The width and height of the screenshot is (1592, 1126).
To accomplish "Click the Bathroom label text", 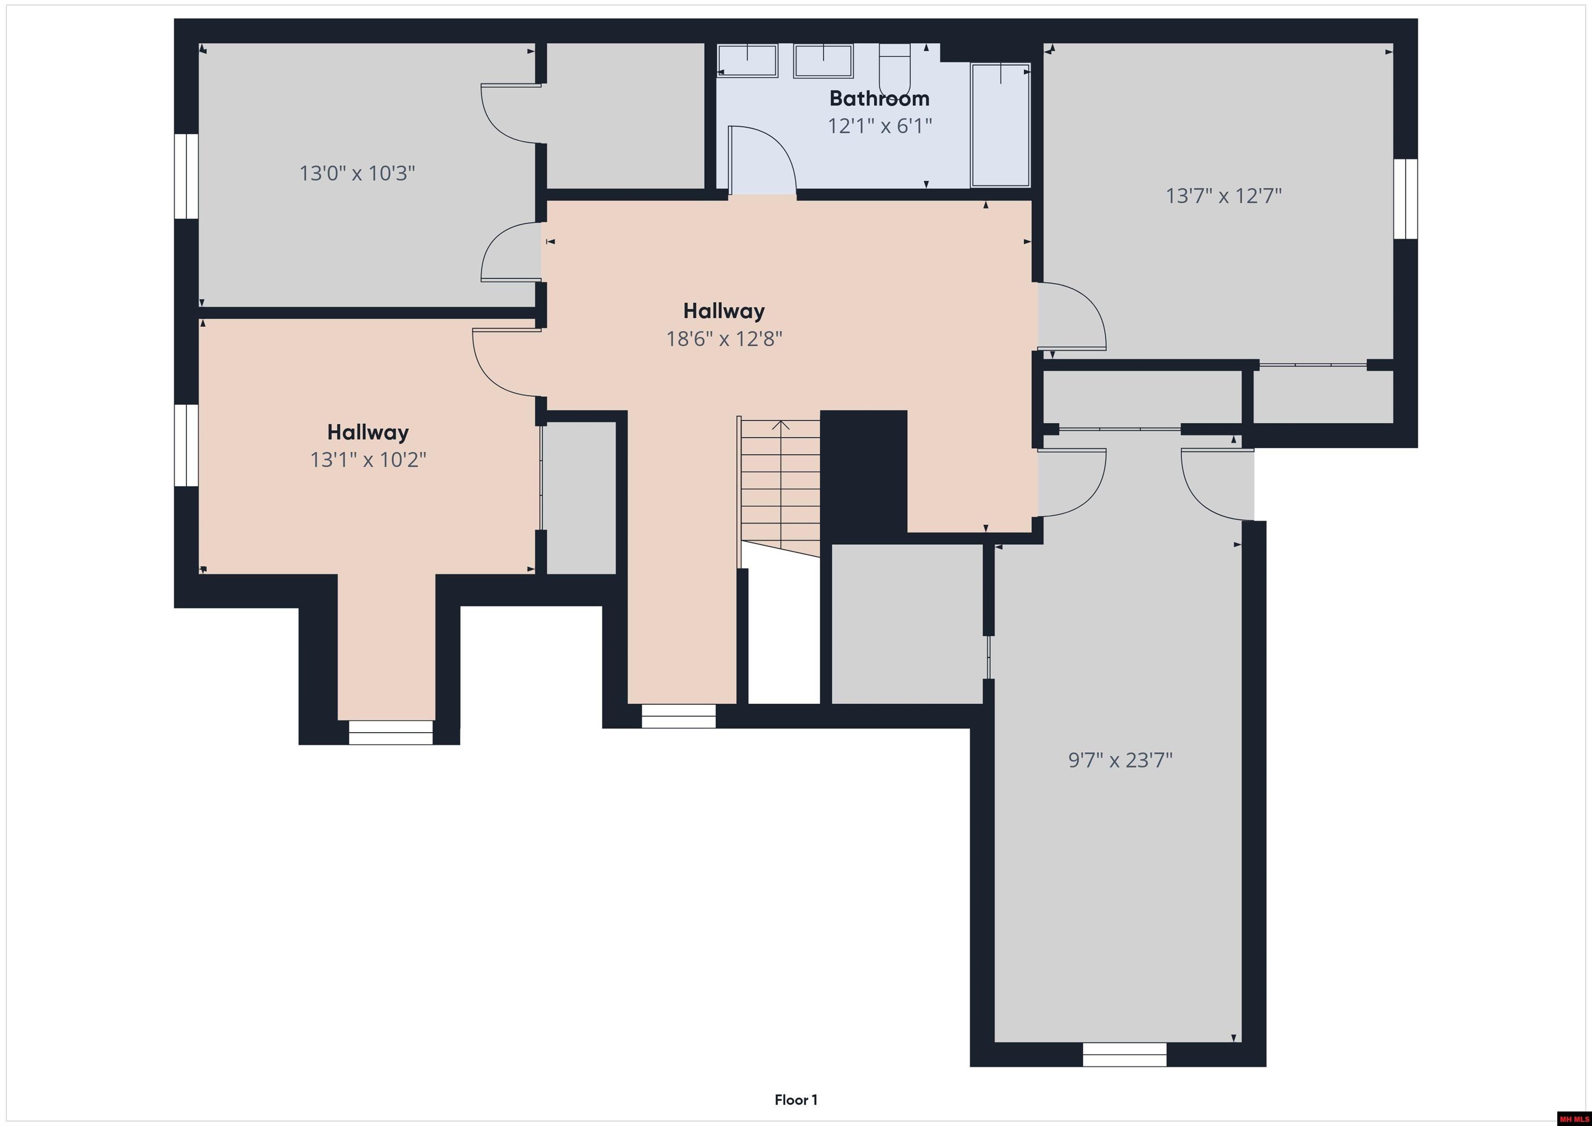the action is coord(879,98).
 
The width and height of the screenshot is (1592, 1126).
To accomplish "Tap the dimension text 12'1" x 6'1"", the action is coord(879,126).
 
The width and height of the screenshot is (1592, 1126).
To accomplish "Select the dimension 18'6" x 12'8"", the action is coord(724,339).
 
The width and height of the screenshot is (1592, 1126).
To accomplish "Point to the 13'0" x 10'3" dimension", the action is coord(357,173).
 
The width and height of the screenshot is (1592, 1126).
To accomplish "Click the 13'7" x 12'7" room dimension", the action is coord(1223,196).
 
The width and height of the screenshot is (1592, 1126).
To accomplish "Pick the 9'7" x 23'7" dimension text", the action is coord(1120,761).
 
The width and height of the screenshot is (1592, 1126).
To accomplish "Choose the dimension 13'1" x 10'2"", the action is coord(367,460).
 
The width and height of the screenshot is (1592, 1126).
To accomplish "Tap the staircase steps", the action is coord(780,486).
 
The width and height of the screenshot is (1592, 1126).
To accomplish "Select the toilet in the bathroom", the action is coord(894,69).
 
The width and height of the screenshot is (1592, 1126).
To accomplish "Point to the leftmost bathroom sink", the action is coord(747,60).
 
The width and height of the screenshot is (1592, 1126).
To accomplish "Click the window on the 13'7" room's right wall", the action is coord(1405,199).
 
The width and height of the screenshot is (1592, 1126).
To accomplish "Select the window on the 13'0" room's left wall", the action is coord(186,176).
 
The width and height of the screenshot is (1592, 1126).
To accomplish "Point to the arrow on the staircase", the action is coord(781,425).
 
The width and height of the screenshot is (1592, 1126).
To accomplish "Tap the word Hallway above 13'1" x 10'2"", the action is coord(367,433).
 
